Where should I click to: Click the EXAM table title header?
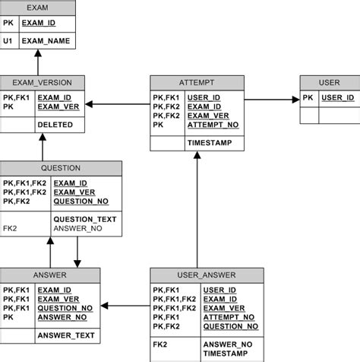(36, 8)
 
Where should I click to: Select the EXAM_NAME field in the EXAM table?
(46, 40)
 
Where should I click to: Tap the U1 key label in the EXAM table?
(8, 40)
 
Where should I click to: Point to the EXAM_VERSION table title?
(42, 83)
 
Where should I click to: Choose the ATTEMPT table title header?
(196, 83)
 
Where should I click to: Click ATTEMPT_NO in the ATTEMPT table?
(213, 125)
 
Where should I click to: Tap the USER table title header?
(330, 83)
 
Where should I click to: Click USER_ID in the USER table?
(338, 98)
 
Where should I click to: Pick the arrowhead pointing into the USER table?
(295, 98)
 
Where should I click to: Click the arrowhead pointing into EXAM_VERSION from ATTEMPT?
(90, 103)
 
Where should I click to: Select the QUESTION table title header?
(61, 168)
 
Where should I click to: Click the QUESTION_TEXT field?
(84, 218)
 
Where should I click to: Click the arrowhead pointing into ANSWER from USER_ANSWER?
(105, 306)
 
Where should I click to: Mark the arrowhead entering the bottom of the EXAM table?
(36, 54)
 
